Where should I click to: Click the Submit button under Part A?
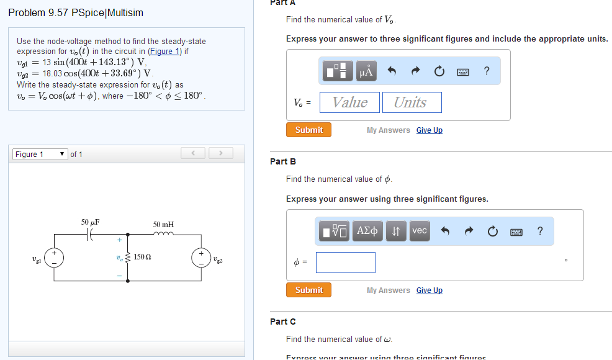click(308, 130)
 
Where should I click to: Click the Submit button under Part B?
click(308, 290)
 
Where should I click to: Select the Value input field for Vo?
click(349, 102)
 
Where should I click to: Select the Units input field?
click(412, 102)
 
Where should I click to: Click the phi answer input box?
click(345, 262)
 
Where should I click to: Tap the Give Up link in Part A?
click(429, 130)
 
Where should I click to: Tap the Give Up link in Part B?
click(429, 290)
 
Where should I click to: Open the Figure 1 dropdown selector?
click(40, 154)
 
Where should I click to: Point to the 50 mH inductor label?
click(163, 224)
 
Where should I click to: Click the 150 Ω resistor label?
click(143, 257)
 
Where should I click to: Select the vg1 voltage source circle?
click(55, 257)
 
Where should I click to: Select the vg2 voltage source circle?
click(201, 257)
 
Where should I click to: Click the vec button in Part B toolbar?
click(419, 231)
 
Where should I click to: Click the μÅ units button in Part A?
click(366, 71)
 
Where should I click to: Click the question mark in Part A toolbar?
click(487, 71)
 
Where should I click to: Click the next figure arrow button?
click(220, 153)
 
